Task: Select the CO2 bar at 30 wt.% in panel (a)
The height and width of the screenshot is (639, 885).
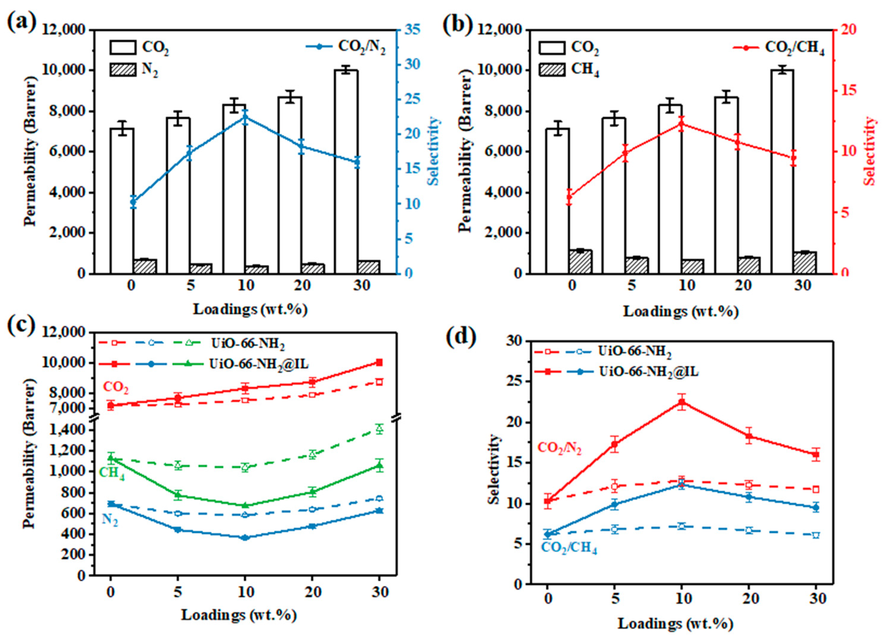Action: tap(346, 172)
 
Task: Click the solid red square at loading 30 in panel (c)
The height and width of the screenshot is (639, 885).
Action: tap(379, 363)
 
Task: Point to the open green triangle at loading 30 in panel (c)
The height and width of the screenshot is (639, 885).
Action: tap(379, 429)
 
